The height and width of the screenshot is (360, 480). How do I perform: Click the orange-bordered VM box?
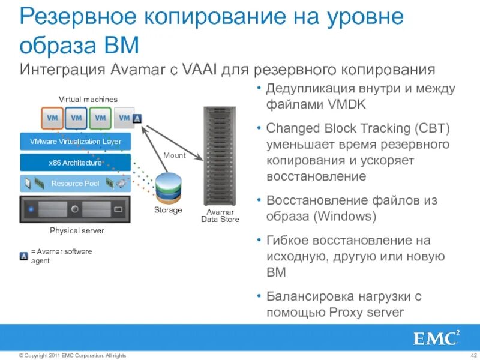click(52, 118)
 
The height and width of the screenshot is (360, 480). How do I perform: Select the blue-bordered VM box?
click(76, 118)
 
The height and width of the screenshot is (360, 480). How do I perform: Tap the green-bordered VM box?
click(100, 118)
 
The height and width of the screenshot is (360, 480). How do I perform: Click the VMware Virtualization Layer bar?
click(76, 142)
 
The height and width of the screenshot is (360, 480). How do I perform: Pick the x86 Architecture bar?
click(76, 163)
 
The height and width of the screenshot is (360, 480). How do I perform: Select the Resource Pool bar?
click(76, 183)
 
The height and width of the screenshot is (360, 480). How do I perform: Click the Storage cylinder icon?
click(168, 187)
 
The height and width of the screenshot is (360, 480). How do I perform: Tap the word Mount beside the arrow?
click(175, 155)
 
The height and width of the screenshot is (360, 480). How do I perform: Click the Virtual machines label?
click(88, 99)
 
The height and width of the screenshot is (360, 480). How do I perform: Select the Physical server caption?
click(77, 230)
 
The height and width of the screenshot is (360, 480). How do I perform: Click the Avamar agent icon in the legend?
click(24, 256)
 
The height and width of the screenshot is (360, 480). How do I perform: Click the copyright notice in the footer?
click(73, 355)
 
